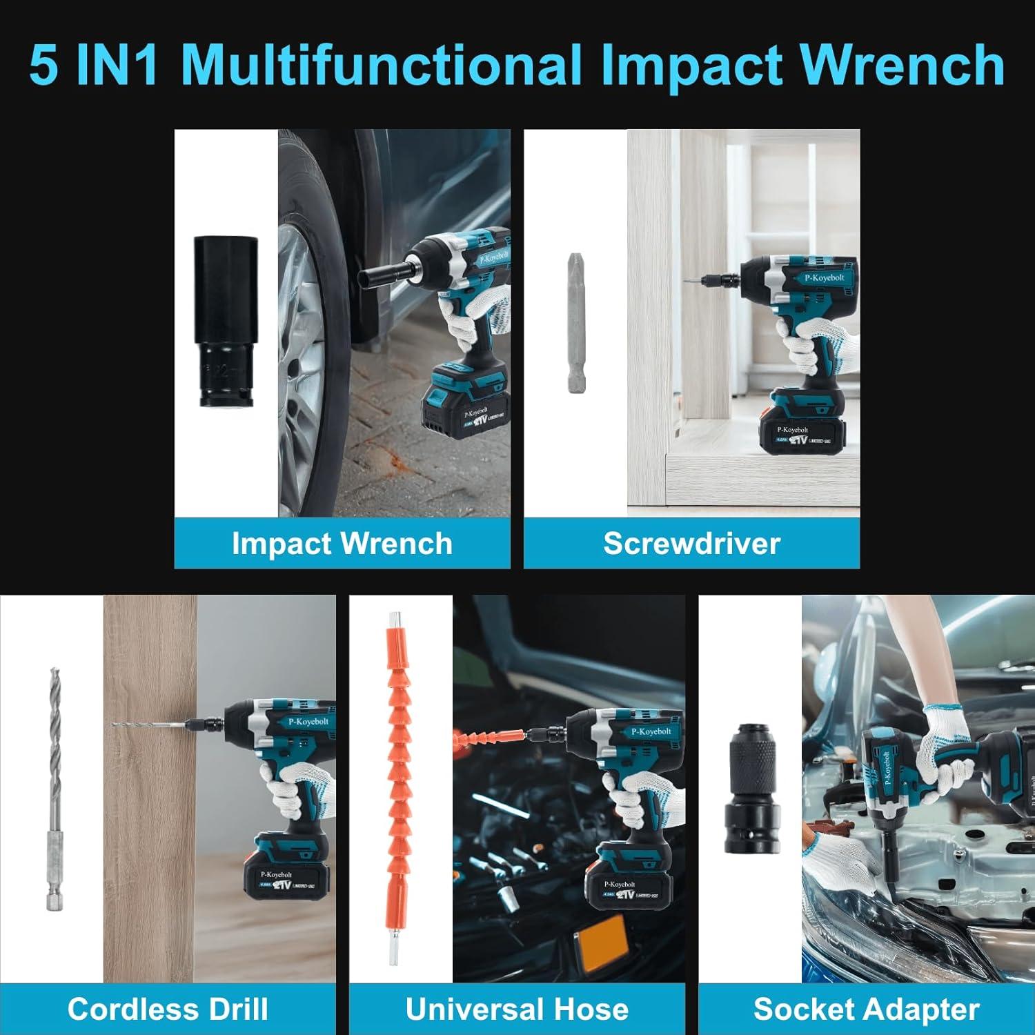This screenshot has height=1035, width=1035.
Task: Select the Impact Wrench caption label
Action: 342,544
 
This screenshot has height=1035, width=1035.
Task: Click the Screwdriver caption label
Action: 691,544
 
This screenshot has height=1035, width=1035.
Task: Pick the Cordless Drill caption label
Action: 168,1009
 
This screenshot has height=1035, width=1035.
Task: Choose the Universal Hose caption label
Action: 517,1009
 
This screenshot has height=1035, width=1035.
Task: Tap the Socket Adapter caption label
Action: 866,1009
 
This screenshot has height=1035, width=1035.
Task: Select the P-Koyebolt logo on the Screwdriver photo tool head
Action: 824,277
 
